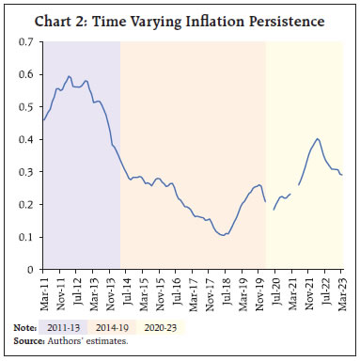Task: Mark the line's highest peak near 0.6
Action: [70, 76]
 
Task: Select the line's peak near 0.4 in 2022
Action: [318, 139]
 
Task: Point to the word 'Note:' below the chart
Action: [23, 326]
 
